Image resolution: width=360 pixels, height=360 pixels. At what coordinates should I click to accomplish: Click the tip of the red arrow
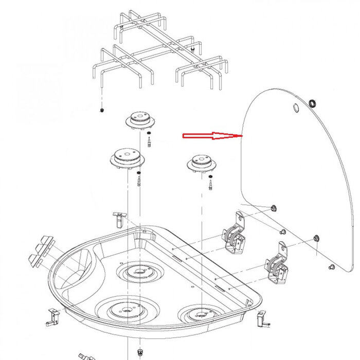(241, 136)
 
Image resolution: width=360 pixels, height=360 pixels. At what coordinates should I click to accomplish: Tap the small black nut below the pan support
(102, 111)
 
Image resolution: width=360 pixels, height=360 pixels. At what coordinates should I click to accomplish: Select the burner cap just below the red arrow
(202, 164)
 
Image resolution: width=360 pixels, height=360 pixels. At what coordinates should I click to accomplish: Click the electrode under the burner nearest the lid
(211, 183)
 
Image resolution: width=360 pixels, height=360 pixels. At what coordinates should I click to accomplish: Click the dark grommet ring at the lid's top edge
(312, 104)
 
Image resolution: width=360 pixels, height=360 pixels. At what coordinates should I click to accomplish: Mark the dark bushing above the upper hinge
(273, 207)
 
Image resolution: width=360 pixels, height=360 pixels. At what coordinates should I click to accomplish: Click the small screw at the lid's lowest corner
(332, 267)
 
